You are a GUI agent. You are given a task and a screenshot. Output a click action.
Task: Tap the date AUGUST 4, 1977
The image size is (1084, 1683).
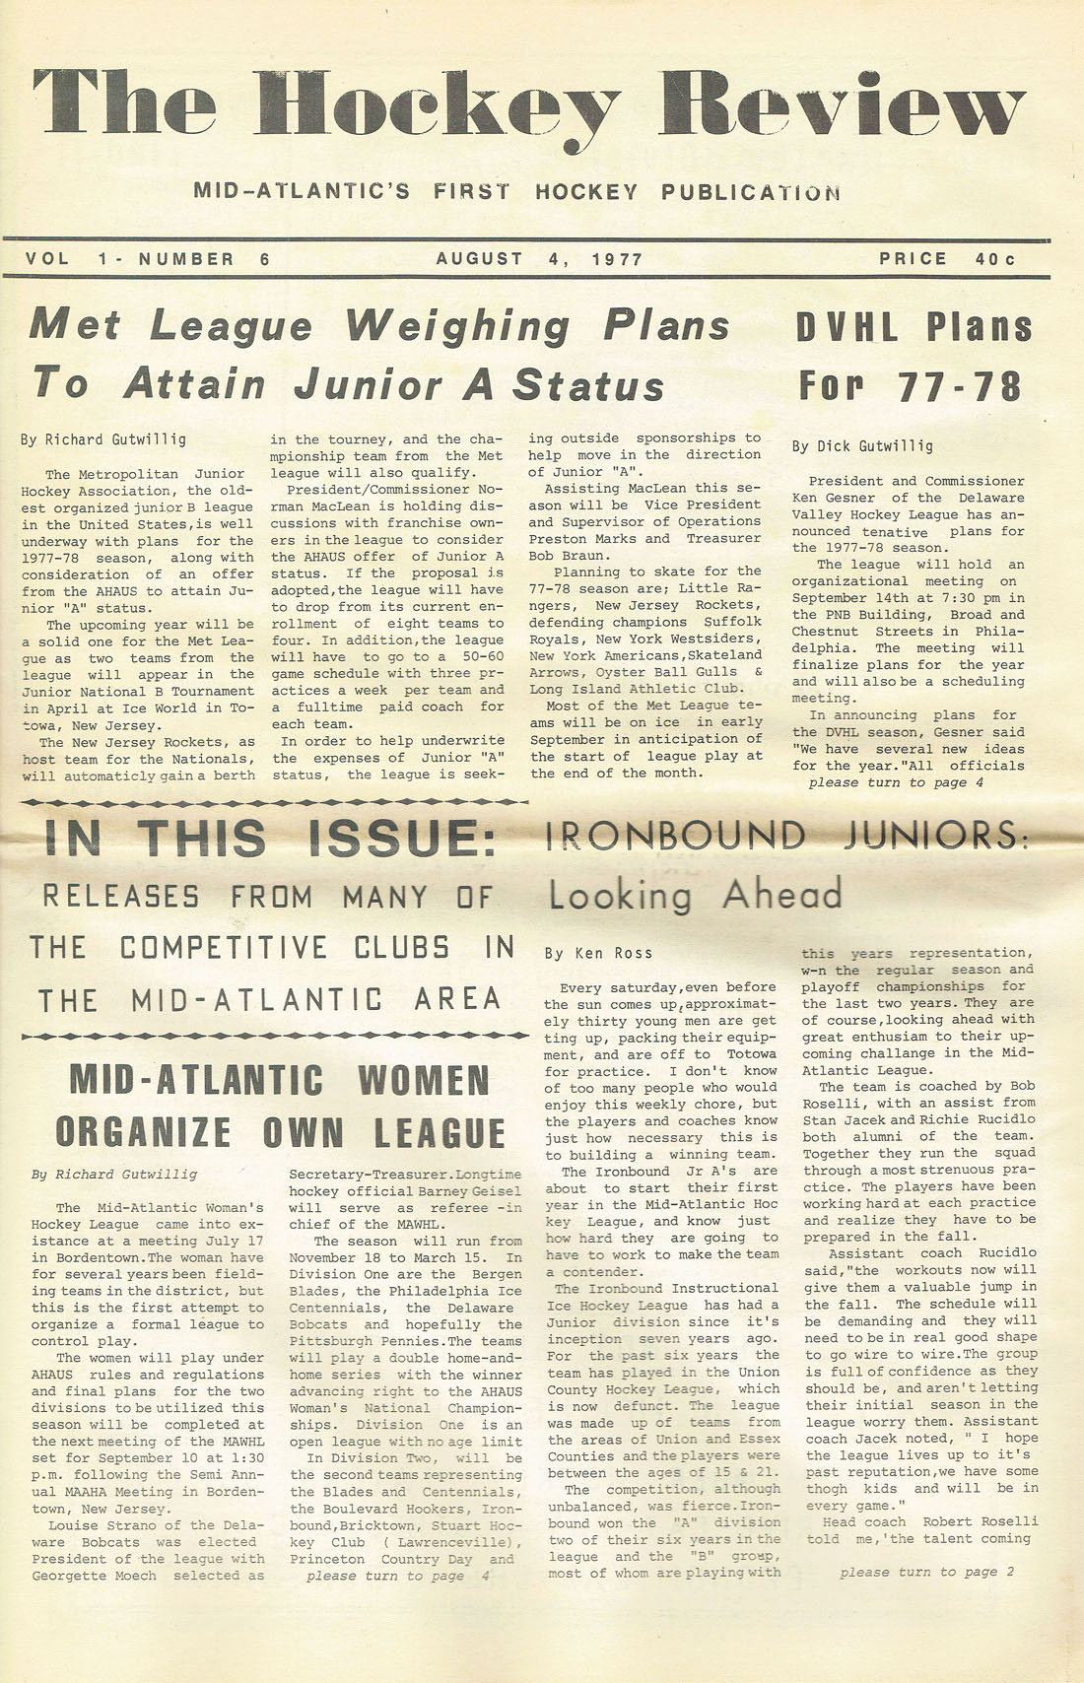click(539, 259)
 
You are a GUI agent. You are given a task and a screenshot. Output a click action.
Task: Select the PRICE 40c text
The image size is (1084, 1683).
click(947, 259)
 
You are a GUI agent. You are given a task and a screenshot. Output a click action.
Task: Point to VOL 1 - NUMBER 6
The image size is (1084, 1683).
click(148, 259)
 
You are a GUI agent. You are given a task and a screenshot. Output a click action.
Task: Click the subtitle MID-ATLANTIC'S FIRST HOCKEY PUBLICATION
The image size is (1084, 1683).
click(516, 191)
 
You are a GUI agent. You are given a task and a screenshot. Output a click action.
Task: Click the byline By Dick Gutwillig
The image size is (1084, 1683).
click(862, 446)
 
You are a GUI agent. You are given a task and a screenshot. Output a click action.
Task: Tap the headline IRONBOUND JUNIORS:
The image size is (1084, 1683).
click(785, 836)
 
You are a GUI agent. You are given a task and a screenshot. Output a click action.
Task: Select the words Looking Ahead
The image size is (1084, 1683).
click(695, 895)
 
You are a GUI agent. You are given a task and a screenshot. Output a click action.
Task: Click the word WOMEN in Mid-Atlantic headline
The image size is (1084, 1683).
click(423, 1080)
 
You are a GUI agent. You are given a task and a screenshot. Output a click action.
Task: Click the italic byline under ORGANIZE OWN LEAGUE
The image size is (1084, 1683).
click(114, 1174)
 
